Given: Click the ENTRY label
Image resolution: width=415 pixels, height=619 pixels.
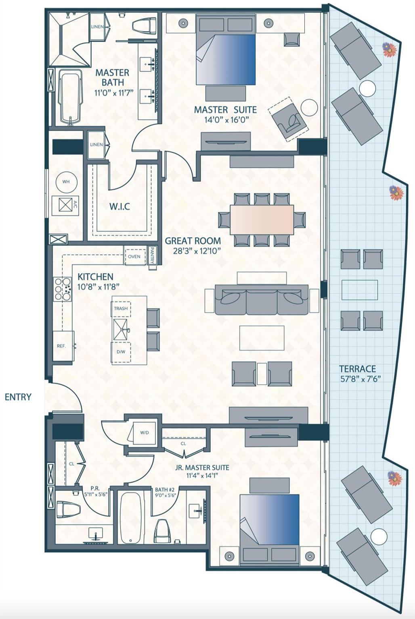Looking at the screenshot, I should (x=18, y=397).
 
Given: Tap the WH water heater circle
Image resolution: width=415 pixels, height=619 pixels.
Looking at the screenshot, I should (x=66, y=182).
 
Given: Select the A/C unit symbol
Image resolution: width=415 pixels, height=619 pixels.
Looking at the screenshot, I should (x=66, y=205).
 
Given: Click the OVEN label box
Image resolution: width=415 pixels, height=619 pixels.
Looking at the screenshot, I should (x=134, y=257).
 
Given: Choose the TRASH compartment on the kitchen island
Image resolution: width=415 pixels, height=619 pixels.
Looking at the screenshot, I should (x=121, y=308).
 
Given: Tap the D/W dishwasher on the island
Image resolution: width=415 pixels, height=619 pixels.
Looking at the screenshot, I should (x=121, y=351).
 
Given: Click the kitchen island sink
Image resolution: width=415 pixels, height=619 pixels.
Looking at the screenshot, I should (x=121, y=330).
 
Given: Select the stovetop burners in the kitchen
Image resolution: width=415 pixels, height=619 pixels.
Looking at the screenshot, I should (x=62, y=289).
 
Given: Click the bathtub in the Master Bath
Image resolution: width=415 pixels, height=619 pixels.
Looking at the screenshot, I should (x=70, y=97).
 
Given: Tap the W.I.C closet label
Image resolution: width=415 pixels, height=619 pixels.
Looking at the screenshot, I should (x=120, y=206).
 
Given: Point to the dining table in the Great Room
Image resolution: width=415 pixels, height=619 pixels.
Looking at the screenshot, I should (x=262, y=219).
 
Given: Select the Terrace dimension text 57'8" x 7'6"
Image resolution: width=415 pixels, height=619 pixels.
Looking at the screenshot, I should (x=361, y=379).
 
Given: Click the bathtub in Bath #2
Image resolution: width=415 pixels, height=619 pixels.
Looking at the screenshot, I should (x=130, y=517).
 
